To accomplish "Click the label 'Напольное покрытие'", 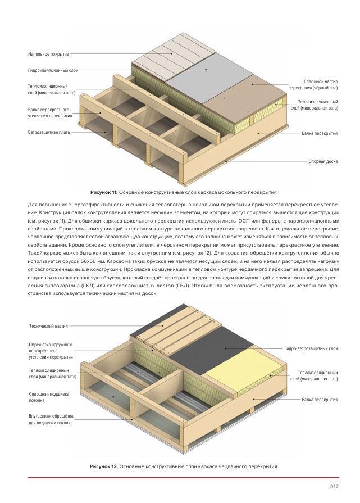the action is pyautogui.click(x=48, y=54).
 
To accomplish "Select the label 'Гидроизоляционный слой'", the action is pyautogui.click(x=53, y=70).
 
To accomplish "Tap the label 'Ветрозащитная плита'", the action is pyautogui.click(x=49, y=132).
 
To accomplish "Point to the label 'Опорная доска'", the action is pyautogui.click(x=323, y=161).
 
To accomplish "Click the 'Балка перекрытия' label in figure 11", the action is pyautogui.click(x=320, y=133).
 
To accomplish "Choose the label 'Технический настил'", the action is pyautogui.click(x=48, y=326).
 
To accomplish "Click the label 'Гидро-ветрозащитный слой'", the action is pyautogui.click(x=311, y=348).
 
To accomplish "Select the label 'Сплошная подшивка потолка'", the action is pyautogui.click(x=49, y=397).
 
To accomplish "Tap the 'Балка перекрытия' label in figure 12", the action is pyautogui.click(x=320, y=400).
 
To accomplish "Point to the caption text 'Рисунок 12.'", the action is pyautogui.click(x=104, y=466).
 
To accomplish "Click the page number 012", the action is pyautogui.click(x=334, y=487).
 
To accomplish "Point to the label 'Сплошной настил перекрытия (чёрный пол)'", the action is pyautogui.click(x=313, y=85).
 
